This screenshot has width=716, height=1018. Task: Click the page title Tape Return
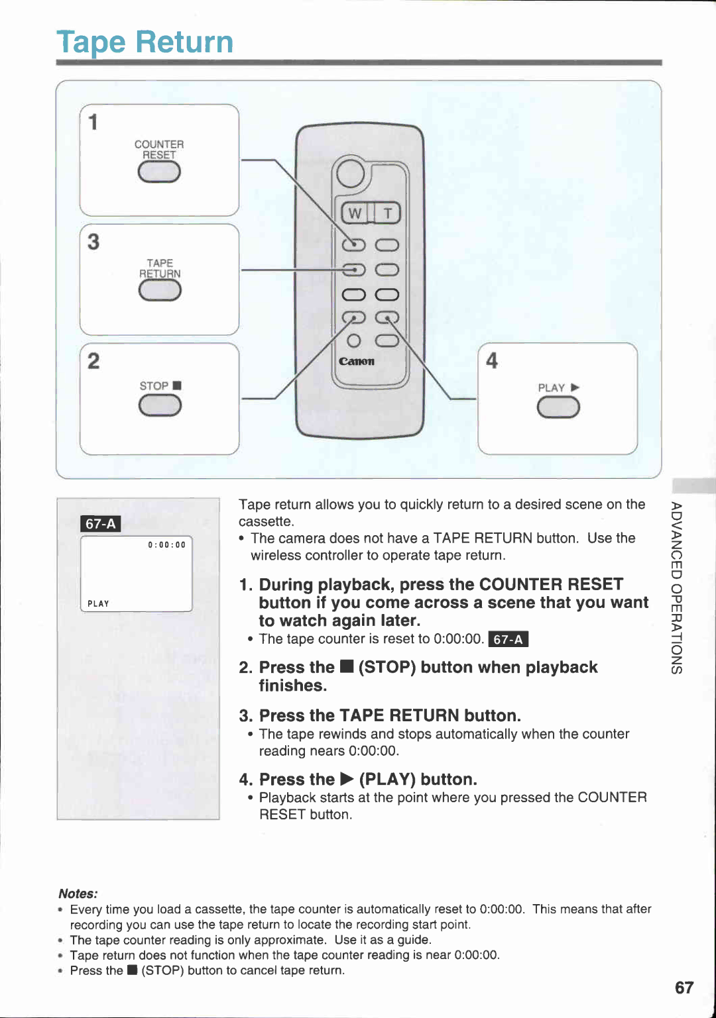(x=145, y=42)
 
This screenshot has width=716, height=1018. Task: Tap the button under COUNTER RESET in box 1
(x=159, y=172)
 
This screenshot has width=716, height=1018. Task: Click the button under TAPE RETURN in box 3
(x=160, y=290)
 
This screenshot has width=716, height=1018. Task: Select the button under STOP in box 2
(x=160, y=405)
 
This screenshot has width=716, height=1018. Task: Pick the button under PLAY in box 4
(x=558, y=408)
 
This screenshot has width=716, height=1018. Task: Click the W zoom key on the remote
(x=355, y=213)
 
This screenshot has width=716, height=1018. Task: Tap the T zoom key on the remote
(x=388, y=213)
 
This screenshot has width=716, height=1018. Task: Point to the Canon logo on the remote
(x=357, y=362)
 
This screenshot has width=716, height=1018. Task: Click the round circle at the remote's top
(x=350, y=174)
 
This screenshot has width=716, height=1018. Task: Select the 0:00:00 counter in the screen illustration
(x=166, y=544)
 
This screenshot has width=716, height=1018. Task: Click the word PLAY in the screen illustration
(x=98, y=603)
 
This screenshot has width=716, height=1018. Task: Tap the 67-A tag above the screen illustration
(x=101, y=524)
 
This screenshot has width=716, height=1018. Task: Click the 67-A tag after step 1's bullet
(x=508, y=639)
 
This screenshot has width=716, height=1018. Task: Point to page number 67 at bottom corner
(x=684, y=988)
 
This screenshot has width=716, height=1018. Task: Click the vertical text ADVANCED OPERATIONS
(x=676, y=587)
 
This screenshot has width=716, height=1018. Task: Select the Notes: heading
(x=78, y=893)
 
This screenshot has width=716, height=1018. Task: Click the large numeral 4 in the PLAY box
(x=492, y=361)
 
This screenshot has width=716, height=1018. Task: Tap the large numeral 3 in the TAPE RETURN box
(x=93, y=242)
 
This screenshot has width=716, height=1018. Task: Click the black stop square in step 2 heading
(x=346, y=667)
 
